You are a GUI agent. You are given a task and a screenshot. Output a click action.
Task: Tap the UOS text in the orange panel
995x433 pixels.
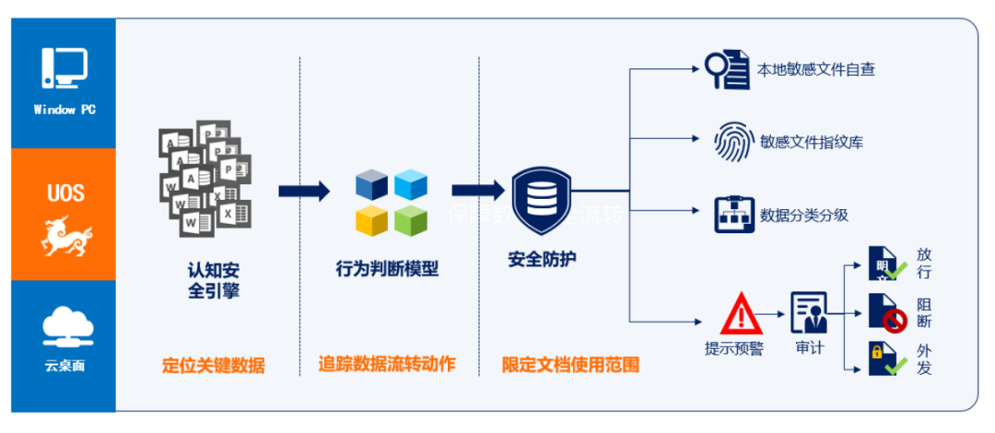pos(64,193)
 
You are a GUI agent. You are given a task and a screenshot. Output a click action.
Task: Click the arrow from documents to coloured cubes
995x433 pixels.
pos(303,192)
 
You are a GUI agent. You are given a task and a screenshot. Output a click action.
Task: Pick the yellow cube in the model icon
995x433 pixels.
pos(371,221)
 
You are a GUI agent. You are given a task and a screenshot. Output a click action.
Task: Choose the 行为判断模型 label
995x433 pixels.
pos(387,269)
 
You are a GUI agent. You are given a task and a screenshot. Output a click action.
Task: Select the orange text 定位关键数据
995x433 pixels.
pos(213,365)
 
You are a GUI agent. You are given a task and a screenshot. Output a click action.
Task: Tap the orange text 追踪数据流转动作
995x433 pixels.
pos(387,365)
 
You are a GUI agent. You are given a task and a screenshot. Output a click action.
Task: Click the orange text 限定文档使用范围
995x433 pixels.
pos(570,365)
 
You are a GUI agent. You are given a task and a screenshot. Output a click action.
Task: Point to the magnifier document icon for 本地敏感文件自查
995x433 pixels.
pos(727,67)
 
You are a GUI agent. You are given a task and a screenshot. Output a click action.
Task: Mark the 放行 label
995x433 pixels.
pos(924,263)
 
